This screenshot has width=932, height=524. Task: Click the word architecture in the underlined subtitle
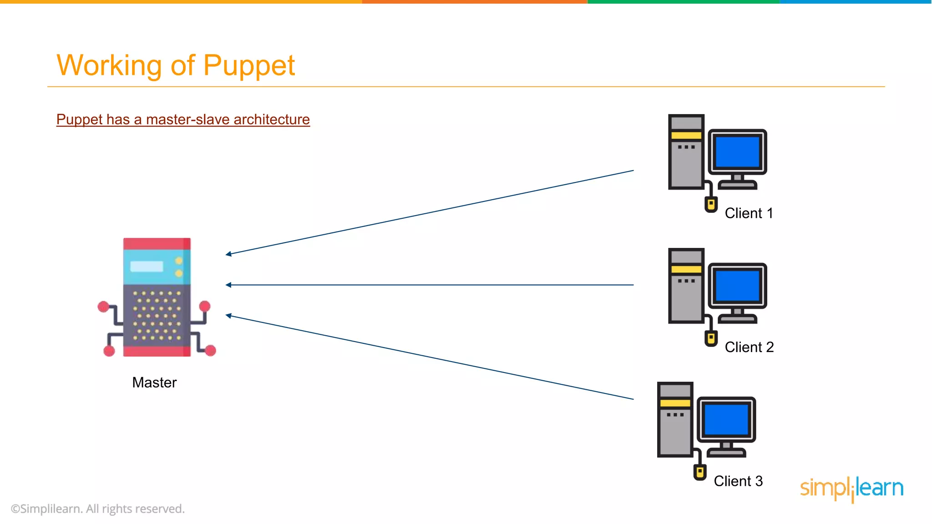tap(272, 119)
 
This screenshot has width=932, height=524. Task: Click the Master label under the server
tap(154, 383)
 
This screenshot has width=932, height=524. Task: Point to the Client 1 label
tap(749, 213)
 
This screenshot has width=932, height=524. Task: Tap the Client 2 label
tap(749, 347)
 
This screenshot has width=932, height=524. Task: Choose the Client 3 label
tap(738, 481)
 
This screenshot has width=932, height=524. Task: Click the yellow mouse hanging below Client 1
tap(711, 204)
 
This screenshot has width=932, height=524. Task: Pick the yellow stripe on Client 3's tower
tap(675, 403)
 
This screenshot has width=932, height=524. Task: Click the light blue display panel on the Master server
tap(147, 267)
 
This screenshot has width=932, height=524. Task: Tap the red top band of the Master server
tap(157, 243)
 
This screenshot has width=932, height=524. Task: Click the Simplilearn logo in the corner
tap(851, 489)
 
